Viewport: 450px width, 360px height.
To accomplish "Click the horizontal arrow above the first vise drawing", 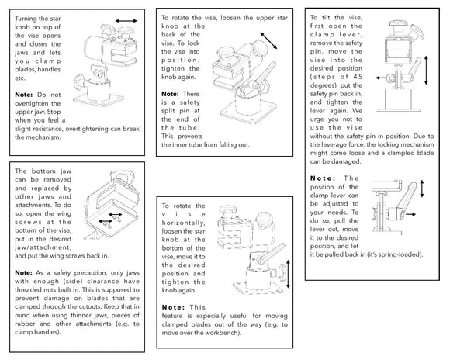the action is (x=126, y=21).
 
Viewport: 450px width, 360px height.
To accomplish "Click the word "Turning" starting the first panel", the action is (x=26, y=19).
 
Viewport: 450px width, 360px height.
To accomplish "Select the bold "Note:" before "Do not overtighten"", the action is (x=23, y=95).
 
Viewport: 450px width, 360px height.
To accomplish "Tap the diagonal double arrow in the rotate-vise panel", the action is (x=268, y=40).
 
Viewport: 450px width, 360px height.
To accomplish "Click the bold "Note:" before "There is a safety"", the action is (x=170, y=94).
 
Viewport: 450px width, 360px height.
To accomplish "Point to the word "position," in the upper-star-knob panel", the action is (x=181, y=61).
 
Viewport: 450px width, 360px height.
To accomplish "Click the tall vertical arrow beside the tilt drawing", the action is (x=426, y=71).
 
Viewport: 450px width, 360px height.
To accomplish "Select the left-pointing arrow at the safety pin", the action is (x=380, y=78).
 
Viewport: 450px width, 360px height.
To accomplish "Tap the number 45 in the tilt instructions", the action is (x=358, y=77).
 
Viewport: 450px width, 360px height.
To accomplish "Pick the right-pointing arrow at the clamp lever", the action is (x=410, y=214).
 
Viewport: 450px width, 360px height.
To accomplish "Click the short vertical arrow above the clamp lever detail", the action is (x=422, y=189).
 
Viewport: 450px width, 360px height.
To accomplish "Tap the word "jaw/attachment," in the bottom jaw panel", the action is (x=43, y=247).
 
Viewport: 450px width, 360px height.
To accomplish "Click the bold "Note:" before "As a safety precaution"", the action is (x=24, y=273).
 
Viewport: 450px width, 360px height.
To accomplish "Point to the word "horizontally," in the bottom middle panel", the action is (x=183, y=223).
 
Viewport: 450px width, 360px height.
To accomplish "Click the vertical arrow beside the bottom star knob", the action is (x=288, y=274).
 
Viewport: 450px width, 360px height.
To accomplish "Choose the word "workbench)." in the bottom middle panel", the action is (x=225, y=333).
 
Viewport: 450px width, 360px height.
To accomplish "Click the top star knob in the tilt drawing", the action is (x=398, y=23).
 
